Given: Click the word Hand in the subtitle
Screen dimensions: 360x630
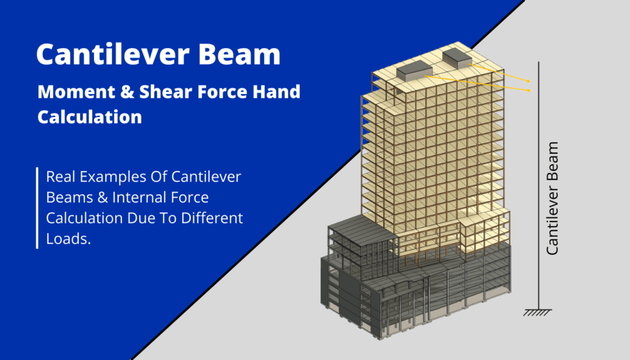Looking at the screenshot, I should pyautogui.click(x=277, y=92).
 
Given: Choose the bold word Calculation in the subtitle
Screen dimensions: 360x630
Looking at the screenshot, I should pyautogui.click(x=90, y=116).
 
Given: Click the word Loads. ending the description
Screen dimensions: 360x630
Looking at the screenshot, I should pyautogui.click(x=68, y=239).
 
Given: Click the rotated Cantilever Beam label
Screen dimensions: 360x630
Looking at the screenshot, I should pyautogui.click(x=552, y=198).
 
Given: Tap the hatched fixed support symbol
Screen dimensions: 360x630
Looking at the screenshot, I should pyautogui.click(x=538, y=312).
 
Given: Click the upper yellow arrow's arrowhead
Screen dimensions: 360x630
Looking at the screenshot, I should pyautogui.click(x=530, y=81).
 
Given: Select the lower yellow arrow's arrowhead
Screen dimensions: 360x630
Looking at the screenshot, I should pyautogui.click(x=530, y=91).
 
